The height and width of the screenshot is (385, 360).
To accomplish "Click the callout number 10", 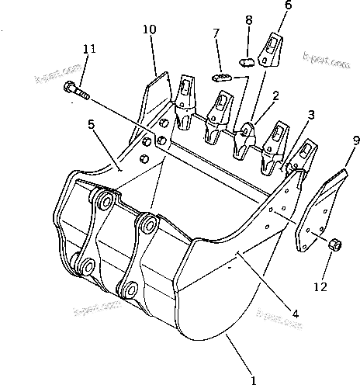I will pos(149,29).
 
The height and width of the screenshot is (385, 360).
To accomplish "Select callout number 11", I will pos(89,49).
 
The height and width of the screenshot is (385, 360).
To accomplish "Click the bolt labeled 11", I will pos(75,92).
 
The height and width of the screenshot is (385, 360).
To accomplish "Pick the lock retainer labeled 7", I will pos(221,76).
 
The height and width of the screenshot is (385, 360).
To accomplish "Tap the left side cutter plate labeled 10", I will pos(154,99).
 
